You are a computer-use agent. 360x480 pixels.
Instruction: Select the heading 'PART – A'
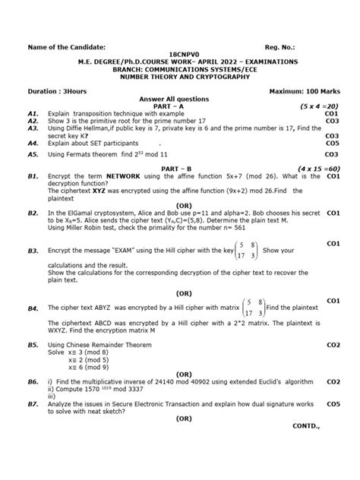[x=179, y=106]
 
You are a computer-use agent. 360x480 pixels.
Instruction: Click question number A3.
[x=33, y=128]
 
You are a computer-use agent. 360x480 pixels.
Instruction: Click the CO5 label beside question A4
[x=332, y=142]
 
